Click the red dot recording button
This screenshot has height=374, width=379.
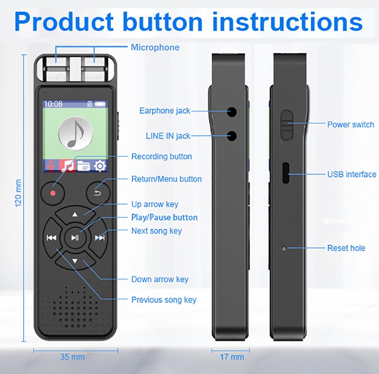(x=52, y=193)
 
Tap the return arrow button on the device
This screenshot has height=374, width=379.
(x=98, y=193)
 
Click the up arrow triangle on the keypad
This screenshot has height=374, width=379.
(x=75, y=214)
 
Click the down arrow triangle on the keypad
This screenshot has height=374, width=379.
(x=75, y=261)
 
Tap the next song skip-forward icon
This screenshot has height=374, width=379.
(x=100, y=238)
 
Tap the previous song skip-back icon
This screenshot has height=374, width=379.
(x=51, y=238)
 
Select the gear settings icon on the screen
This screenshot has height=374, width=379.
(x=100, y=166)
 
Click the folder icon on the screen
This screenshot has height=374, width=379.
(x=84, y=166)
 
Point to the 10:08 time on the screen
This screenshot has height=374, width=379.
(x=53, y=104)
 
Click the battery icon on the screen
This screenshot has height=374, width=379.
(x=100, y=104)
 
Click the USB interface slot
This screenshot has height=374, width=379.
(x=286, y=173)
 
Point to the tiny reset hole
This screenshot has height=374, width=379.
(x=284, y=248)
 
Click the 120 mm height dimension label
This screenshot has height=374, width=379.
(x=18, y=193)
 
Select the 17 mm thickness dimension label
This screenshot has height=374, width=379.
(x=232, y=357)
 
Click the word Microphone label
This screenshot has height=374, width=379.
(x=155, y=47)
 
